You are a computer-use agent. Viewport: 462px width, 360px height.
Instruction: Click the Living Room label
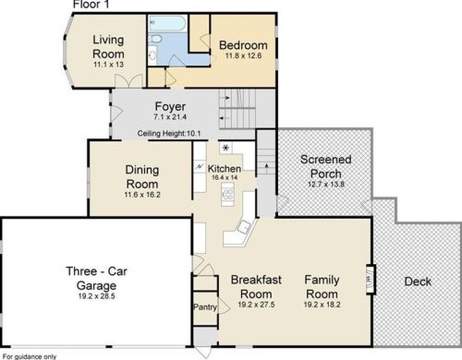108,47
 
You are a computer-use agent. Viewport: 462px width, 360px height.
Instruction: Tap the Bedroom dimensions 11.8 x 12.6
243,55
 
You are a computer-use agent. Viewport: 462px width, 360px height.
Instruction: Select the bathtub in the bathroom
167,22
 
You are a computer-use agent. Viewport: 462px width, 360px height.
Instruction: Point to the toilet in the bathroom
155,39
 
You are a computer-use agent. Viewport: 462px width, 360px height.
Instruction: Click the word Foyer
170,106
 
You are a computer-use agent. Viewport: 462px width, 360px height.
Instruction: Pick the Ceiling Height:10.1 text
169,134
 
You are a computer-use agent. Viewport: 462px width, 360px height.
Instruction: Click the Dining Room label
142,177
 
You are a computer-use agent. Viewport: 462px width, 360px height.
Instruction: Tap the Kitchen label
225,169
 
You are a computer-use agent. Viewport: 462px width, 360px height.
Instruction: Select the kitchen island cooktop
228,195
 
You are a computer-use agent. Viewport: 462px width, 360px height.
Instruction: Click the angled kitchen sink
244,227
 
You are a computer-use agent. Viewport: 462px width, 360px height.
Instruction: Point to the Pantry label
205,307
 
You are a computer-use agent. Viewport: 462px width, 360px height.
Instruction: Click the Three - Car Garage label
97,279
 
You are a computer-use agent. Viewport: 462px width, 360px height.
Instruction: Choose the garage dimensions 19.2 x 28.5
97,296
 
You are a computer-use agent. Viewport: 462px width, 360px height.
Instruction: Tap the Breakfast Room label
256,287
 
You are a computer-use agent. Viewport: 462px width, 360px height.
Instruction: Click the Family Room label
322,287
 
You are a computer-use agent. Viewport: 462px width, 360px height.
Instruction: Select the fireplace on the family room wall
371,280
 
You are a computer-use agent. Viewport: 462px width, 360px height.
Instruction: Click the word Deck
418,282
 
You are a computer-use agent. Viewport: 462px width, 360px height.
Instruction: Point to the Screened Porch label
326,166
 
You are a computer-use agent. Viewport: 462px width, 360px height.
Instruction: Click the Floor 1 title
91,5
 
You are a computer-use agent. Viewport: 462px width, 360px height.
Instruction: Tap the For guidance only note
30,356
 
